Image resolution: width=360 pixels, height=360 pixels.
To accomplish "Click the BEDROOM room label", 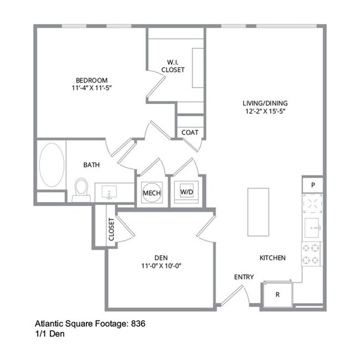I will click(x=91, y=80).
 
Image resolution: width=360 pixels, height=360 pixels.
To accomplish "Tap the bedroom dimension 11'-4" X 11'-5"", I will click(x=91, y=88).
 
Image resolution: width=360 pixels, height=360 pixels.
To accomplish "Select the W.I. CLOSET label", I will click(x=173, y=66).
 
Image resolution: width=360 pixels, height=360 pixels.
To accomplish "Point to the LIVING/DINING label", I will click(x=265, y=103).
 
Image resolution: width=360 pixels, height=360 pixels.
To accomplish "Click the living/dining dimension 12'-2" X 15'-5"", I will click(x=265, y=111).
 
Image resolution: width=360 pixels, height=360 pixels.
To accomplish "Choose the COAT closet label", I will click(x=190, y=132).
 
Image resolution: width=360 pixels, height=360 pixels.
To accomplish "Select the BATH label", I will click(x=91, y=164).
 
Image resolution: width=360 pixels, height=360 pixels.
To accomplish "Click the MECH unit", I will click(x=151, y=192).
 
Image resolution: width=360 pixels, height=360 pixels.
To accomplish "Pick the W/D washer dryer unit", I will click(x=186, y=192).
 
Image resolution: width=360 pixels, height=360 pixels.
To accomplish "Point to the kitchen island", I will click(x=258, y=211).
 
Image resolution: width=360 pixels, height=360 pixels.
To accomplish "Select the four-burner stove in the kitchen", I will click(x=312, y=254).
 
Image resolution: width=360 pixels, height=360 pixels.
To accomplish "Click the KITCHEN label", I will click(x=272, y=258).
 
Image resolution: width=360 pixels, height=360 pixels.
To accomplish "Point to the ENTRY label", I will click(x=244, y=277).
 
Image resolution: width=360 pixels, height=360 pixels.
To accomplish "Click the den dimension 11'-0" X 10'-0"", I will click(x=161, y=265).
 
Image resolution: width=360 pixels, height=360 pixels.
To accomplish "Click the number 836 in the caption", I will click(x=138, y=323).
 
